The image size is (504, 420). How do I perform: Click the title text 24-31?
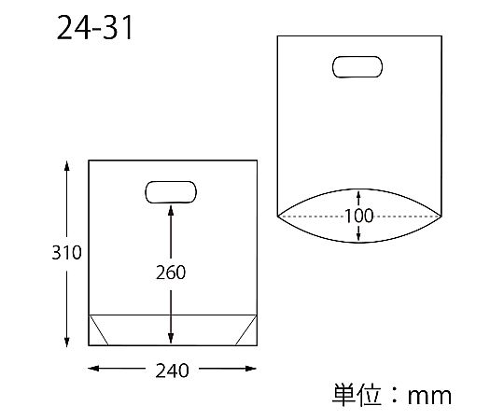95,28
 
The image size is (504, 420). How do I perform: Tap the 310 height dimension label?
66,253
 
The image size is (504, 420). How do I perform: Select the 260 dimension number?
171,273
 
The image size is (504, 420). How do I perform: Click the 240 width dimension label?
172,371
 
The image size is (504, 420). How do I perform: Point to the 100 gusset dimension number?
359,216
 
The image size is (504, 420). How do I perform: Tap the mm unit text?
429,397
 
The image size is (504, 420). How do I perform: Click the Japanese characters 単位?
357,395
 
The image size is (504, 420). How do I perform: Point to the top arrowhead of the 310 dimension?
67,166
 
